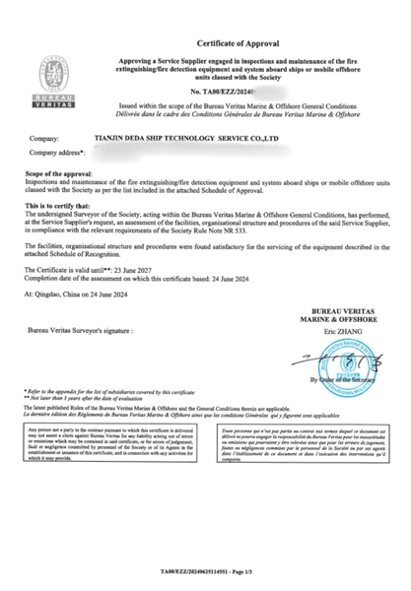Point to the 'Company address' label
[x=57, y=154]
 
